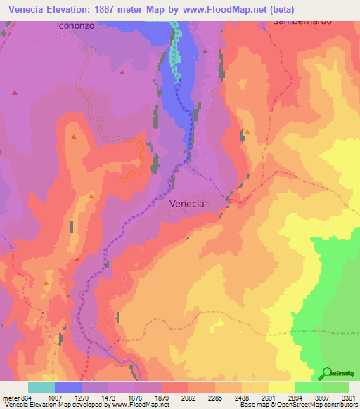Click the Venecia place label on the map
point(187,204)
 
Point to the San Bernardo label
point(302,22)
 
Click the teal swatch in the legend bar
point(41,387)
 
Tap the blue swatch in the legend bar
point(68,387)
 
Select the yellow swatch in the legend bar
point(282,387)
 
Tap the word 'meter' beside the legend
point(10,397)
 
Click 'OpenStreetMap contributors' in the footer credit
point(324,405)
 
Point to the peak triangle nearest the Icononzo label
point(123,72)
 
